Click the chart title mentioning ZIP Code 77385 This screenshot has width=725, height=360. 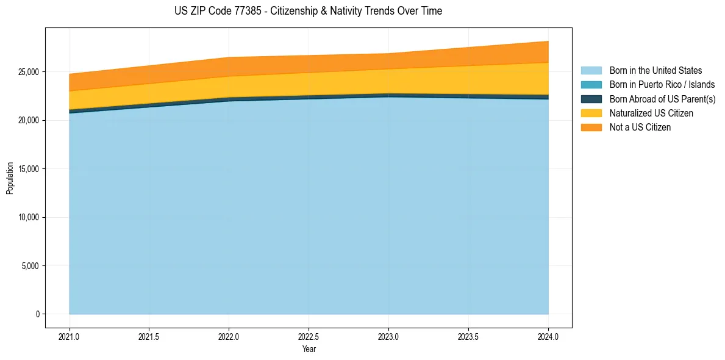point(308,11)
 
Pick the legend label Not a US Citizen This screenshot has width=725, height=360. point(640,128)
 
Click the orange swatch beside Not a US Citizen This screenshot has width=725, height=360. point(591,128)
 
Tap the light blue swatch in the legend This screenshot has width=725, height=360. point(591,71)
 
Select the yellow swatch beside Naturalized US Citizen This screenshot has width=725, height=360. point(591,113)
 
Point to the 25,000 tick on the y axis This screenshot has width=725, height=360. point(28,72)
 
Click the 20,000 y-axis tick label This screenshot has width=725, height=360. point(28,121)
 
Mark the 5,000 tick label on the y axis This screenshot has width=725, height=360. point(30,266)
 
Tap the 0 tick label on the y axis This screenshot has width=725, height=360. point(37,314)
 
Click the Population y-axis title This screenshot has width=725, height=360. point(10,178)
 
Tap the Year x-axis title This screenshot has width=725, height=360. point(309,349)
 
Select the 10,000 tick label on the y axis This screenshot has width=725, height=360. point(28,218)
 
